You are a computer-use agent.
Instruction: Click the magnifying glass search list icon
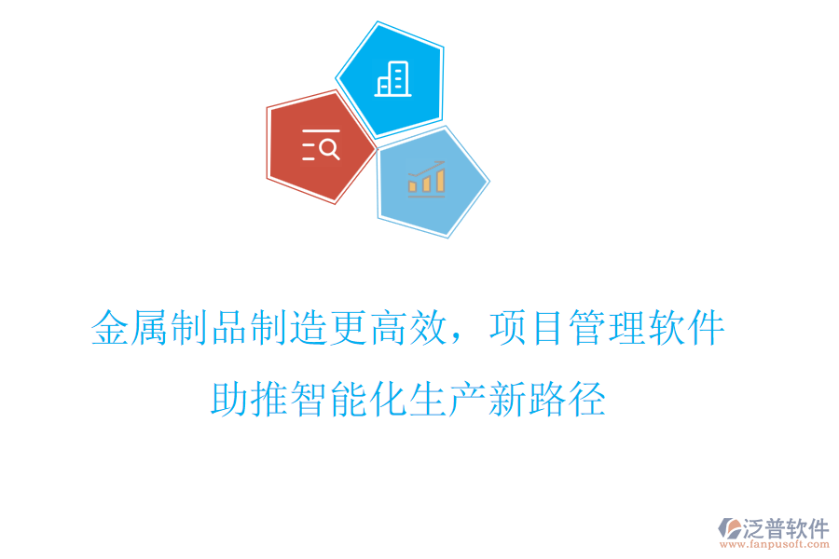pyautogui.click(x=321, y=146)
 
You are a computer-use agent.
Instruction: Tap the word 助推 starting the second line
pyautogui.click(x=250, y=401)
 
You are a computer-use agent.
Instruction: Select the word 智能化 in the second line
pyautogui.click(x=350, y=401)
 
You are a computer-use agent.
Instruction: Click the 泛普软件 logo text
pyautogui.click(x=785, y=528)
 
